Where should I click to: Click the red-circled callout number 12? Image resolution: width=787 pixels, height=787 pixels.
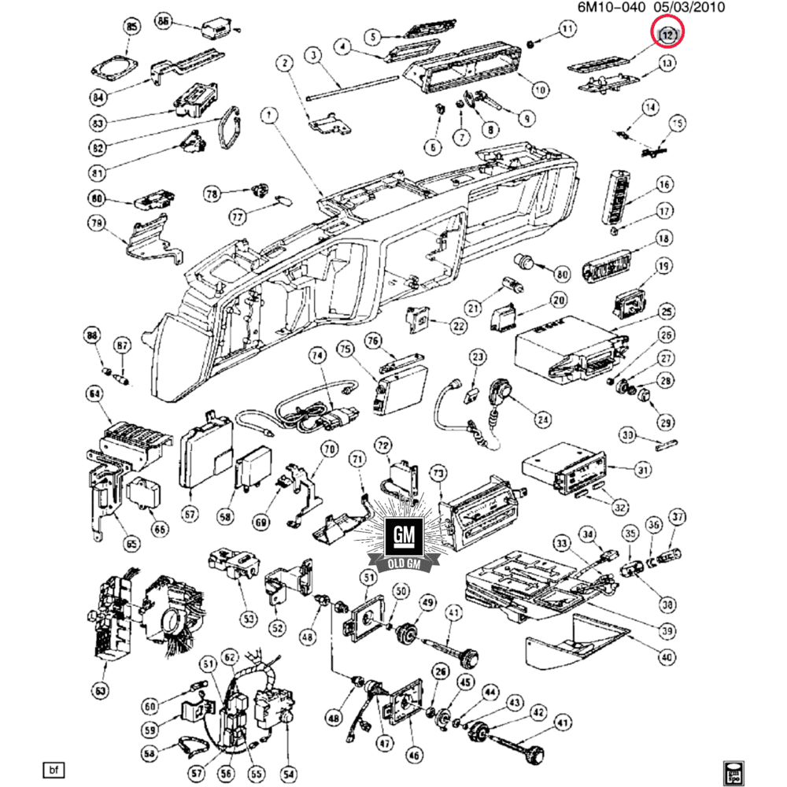pos(668,35)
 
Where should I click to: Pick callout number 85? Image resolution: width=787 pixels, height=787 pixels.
pos(131,29)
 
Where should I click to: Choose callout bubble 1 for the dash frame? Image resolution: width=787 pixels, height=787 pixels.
pos(269,117)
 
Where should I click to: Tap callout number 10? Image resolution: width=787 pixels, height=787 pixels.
pos(540,90)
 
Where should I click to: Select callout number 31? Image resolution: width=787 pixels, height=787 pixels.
pos(644,470)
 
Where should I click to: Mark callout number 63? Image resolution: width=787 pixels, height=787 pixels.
pos(100,691)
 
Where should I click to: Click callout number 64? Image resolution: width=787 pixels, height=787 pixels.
pos(95,393)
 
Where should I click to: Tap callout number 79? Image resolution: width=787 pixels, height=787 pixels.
pos(96,225)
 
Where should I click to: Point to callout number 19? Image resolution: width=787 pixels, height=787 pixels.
pos(663,267)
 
